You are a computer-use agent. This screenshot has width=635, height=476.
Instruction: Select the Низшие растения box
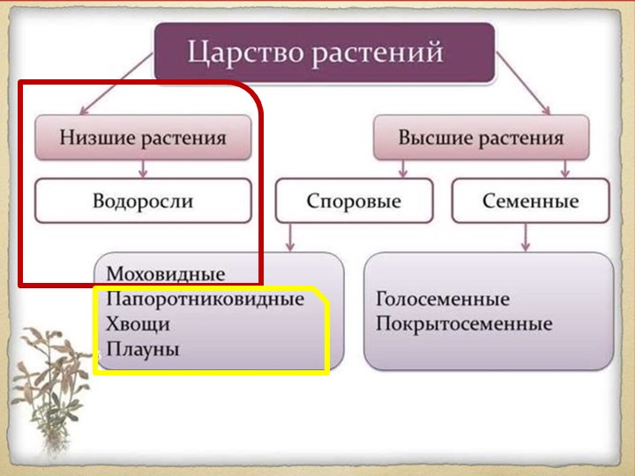point(143,138)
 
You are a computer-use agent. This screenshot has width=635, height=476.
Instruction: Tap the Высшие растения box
point(481,138)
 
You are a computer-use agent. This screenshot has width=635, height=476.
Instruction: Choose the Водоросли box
point(143,201)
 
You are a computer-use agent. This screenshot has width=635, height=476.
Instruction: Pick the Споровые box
point(354,201)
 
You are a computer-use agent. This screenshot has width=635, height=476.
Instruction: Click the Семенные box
point(530,201)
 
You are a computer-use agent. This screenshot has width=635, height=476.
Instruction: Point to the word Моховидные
point(165,274)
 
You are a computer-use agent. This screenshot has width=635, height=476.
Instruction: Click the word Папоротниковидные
point(205,299)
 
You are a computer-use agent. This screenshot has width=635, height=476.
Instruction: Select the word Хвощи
point(138,324)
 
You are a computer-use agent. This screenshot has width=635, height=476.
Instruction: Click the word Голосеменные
point(442,299)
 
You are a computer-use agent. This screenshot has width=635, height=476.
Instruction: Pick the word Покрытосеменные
point(464,324)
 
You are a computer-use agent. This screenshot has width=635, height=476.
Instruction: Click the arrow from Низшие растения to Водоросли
point(143,169)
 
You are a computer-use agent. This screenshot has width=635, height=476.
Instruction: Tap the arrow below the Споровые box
point(291,236)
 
